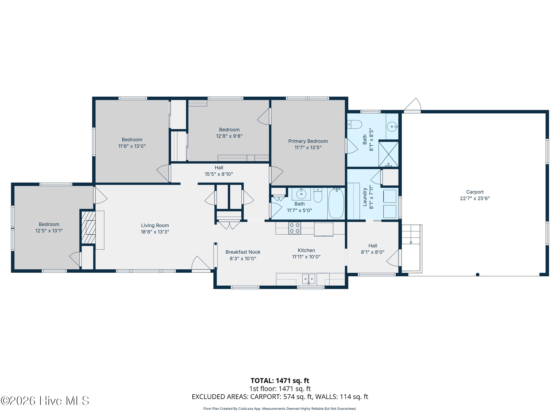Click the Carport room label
475,192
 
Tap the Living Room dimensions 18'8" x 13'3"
155,232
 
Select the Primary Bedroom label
308,141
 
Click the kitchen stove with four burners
295,228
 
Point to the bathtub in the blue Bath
336,204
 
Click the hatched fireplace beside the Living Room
88,227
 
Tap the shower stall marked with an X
388,154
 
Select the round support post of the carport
477,274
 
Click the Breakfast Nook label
243,252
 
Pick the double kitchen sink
309,279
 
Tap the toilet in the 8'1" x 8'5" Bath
355,124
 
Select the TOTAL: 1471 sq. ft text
280,381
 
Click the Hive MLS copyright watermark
45,401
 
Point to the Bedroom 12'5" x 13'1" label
49,224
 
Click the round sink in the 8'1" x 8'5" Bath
392,127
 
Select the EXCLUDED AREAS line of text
280,397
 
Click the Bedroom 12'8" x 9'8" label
229,130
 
